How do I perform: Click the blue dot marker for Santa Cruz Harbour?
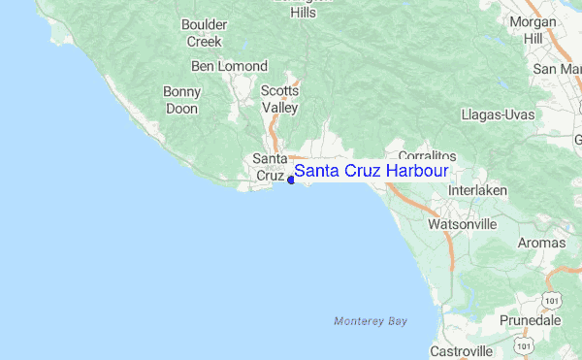(x=291, y=179)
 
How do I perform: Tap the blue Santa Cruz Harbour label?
(x=371, y=171)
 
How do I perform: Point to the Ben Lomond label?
(x=229, y=66)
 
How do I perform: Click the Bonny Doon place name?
(x=181, y=100)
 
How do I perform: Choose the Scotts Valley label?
(x=279, y=99)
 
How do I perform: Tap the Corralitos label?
(x=427, y=155)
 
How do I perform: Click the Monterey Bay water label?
(x=370, y=320)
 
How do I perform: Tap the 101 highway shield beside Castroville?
(x=524, y=345)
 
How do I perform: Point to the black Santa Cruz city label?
(x=269, y=167)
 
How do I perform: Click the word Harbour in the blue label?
(x=416, y=171)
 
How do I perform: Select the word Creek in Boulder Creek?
(x=204, y=42)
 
